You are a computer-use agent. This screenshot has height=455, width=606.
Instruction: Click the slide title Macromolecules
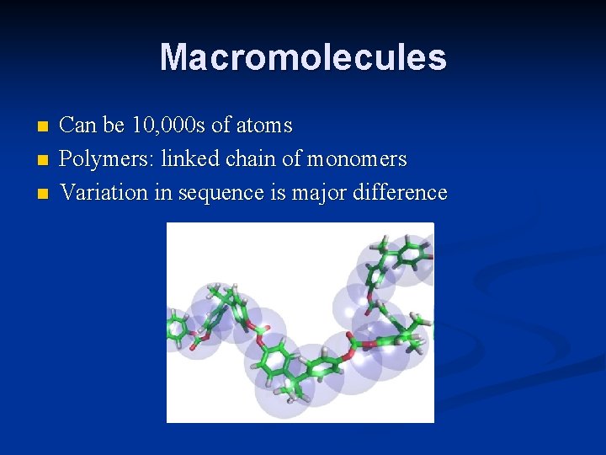(303, 57)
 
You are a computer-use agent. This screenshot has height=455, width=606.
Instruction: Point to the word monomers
(357, 159)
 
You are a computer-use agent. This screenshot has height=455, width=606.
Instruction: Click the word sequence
(219, 194)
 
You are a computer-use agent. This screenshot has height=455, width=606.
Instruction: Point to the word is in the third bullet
(277, 192)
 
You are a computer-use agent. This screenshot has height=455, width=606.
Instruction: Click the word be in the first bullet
(115, 126)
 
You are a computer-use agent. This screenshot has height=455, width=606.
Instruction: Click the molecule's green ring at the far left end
(179, 328)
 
